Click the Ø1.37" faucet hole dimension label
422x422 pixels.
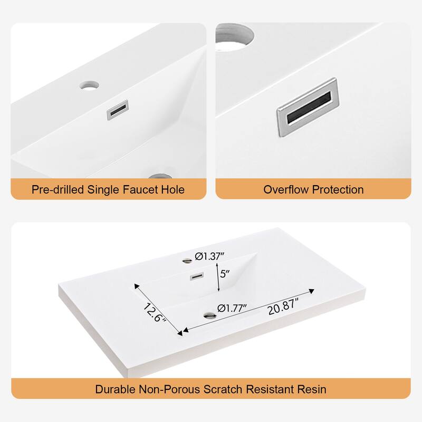point(209,256)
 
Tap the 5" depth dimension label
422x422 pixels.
point(225,274)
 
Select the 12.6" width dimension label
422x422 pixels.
point(154,312)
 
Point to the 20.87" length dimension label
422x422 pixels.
point(283,307)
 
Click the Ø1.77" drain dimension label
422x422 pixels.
point(232,308)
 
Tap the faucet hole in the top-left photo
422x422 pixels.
point(89,85)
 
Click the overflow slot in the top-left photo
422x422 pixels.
point(118,110)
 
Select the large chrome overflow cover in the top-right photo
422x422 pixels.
point(308,108)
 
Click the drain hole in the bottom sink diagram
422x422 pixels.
point(209,315)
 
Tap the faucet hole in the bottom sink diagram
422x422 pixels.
point(187,261)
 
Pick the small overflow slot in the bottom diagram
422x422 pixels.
point(197,276)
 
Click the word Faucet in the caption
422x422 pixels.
point(140,189)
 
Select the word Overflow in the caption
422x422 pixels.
point(286,189)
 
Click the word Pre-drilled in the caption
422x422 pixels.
point(57,189)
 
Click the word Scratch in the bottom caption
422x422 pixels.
point(223,389)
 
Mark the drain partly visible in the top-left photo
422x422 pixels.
point(160,176)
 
